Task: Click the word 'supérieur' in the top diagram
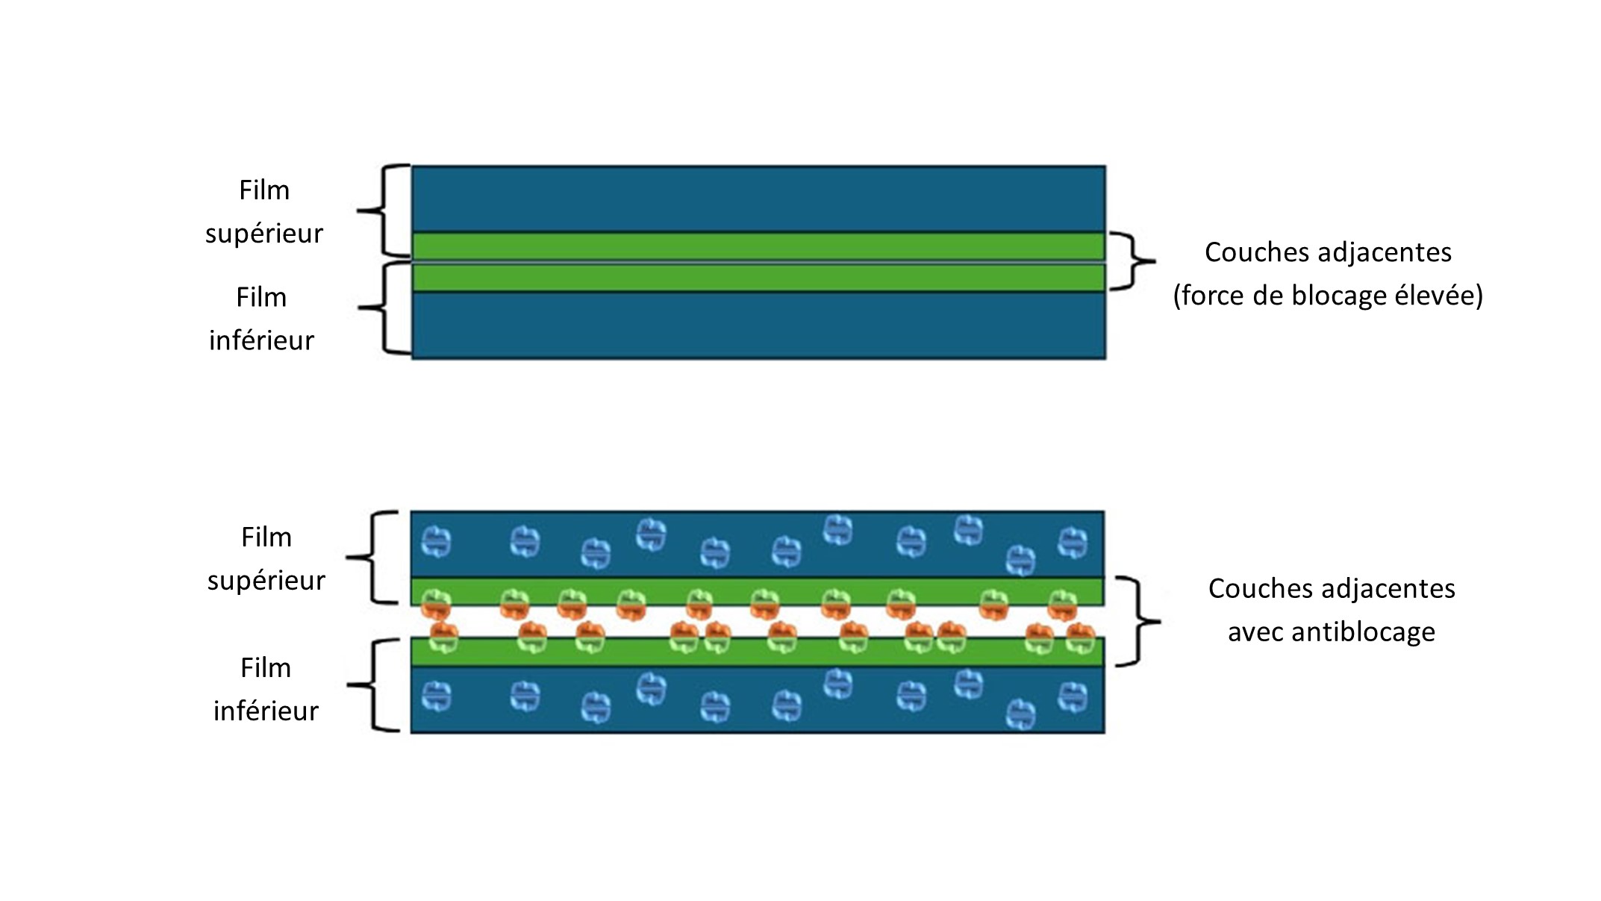pyautogui.click(x=264, y=234)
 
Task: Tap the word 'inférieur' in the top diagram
pyautogui.click(x=261, y=340)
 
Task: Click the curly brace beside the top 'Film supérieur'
pyautogui.click(x=384, y=211)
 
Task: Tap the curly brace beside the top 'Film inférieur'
pyautogui.click(x=384, y=308)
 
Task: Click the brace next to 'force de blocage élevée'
pyautogui.click(x=1132, y=261)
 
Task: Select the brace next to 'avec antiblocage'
pyautogui.click(x=1137, y=621)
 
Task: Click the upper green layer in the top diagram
pyautogui.click(x=758, y=246)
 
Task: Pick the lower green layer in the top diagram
pyautogui.click(x=758, y=278)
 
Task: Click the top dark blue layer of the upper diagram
pyautogui.click(x=758, y=199)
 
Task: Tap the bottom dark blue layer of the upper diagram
pyautogui.click(x=758, y=325)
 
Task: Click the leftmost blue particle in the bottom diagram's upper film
pyautogui.click(x=436, y=542)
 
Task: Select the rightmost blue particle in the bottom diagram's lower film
pyautogui.click(x=1073, y=697)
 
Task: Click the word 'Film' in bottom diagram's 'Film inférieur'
pyautogui.click(x=266, y=668)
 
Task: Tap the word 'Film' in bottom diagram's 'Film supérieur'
pyautogui.click(x=266, y=537)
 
